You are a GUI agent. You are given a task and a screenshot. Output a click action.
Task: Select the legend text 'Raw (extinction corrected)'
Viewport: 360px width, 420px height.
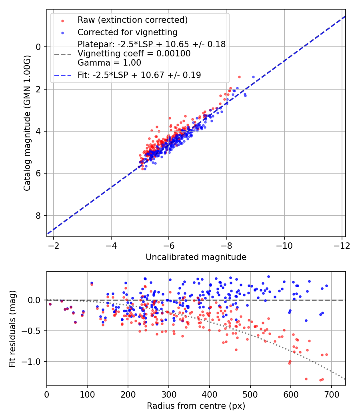click(x=132, y=20)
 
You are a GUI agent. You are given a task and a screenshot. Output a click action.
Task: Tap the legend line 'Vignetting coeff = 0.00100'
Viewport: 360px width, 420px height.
click(x=134, y=54)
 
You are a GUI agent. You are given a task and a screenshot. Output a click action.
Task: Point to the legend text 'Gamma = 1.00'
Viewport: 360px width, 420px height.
click(x=109, y=63)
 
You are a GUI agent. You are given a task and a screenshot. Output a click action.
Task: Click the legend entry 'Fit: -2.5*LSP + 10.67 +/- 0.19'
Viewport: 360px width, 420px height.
click(x=139, y=75)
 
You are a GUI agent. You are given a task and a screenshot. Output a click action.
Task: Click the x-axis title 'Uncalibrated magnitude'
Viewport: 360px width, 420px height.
click(x=196, y=257)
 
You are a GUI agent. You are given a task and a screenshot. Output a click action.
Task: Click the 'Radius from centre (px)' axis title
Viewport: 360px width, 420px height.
click(x=196, y=406)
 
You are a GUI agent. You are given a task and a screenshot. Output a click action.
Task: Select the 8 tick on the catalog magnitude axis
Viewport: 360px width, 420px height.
click(x=39, y=216)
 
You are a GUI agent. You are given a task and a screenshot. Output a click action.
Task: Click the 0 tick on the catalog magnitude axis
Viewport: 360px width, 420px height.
click(x=39, y=47)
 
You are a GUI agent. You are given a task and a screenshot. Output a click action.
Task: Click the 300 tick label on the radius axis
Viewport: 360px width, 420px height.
click(x=169, y=394)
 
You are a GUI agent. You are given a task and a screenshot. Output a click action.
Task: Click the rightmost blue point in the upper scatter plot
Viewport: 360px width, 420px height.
click(x=253, y=77)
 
